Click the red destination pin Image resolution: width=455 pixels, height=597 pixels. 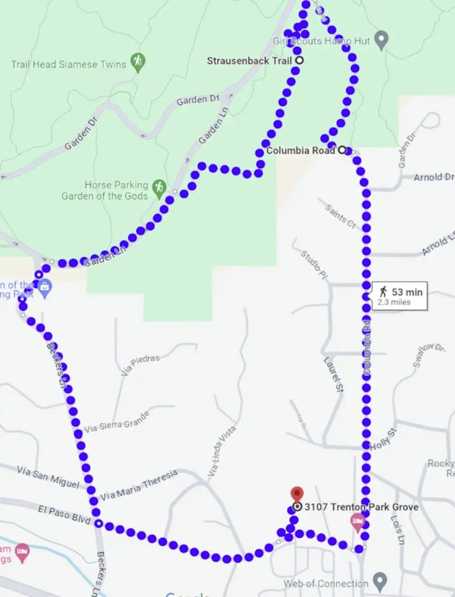297,494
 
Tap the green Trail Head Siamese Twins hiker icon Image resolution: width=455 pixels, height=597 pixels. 138,61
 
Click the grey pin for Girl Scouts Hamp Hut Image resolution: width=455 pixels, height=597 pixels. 381,40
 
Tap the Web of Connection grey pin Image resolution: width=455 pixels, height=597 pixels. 380,581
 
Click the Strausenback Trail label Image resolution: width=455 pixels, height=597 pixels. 249,61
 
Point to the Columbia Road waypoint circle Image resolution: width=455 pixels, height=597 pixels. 342,150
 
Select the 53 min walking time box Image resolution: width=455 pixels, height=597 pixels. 400,296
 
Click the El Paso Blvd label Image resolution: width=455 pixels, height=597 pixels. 64,515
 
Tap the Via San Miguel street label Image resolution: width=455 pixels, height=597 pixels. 48,476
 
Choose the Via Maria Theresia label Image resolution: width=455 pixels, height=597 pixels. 139,485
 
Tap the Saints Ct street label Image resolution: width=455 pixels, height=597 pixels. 340,216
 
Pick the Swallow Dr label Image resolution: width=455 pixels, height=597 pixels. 428,354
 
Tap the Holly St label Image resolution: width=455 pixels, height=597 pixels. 383,439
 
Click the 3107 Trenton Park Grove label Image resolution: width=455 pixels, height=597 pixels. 361,507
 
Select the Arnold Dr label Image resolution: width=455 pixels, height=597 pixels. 433,177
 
